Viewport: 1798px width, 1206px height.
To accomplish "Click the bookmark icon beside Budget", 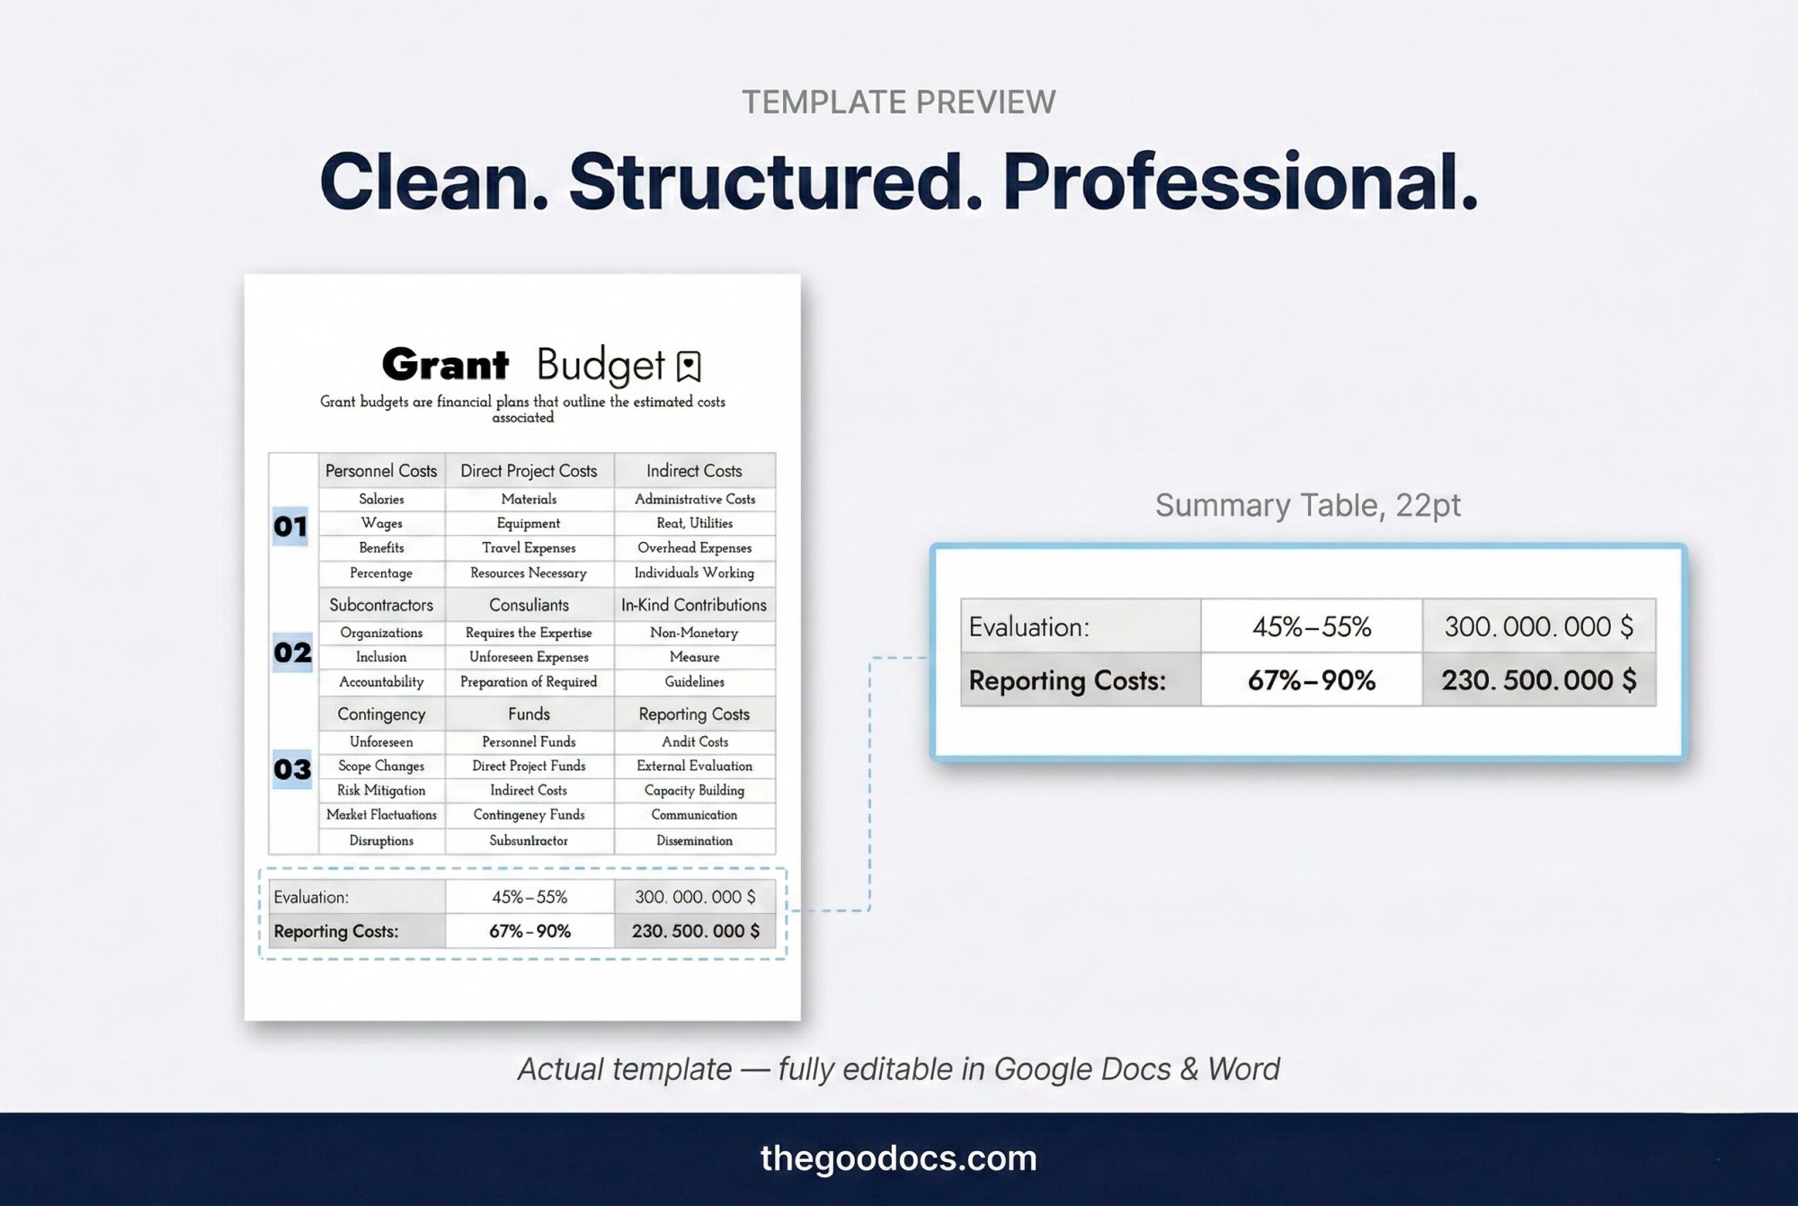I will pos(689,366).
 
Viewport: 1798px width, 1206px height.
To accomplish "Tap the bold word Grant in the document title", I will pos(445,365).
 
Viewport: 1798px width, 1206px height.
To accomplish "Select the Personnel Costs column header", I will pos(381,471).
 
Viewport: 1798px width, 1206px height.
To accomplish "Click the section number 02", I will pos(292,652).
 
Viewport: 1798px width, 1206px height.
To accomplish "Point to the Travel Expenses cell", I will pos(529,547).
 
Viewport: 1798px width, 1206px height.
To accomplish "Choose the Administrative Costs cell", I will pos(695,499).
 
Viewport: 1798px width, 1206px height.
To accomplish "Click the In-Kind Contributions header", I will pos(694,605).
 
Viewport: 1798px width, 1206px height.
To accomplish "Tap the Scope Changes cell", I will pos(381,766).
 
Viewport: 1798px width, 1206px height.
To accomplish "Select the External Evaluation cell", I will pos(695,766).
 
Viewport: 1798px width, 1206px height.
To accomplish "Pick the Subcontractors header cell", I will pos(381,605).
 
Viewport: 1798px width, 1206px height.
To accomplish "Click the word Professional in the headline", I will pos(1240,182).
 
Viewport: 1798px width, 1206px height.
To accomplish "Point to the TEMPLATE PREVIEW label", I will pos(898,102).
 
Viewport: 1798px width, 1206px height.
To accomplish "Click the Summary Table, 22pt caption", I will pos(1307,505).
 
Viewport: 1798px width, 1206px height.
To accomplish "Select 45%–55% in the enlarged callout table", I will pos(1312,626).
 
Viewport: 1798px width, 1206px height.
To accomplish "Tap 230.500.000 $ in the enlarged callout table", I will pos(1539,680).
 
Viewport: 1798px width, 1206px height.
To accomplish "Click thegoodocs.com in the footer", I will pos(898,1158).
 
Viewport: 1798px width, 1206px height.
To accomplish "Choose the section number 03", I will pos(292,769).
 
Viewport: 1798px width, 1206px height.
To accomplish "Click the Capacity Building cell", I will pos(695,790).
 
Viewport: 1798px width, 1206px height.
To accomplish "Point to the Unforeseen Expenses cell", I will pos(529,657).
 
